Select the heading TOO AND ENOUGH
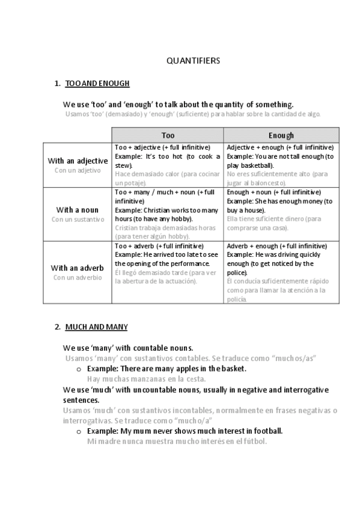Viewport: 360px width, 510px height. (x=97, y=84)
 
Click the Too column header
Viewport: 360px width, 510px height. (x=168, y=135)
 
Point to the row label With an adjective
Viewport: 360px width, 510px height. (x=78, y=161)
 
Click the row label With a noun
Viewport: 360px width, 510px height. (x=78, y=210)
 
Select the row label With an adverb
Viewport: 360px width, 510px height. (x=78, y=268)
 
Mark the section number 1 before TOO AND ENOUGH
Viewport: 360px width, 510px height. (x=56, y=84)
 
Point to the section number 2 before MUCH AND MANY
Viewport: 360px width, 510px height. (x=56, y=327)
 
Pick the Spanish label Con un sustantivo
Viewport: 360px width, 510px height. (x=78, y=220)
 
